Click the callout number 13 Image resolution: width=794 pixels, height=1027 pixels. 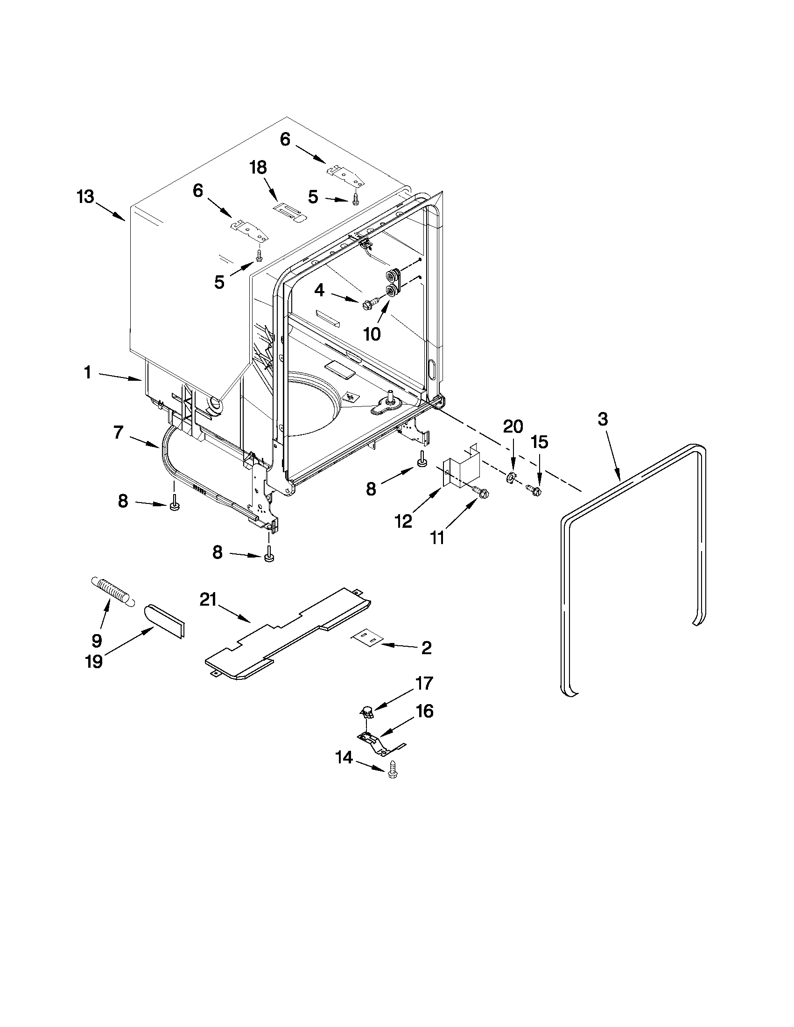point(85,196)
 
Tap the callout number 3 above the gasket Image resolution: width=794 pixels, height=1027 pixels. point(603,419)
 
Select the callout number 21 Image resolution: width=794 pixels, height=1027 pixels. point(208,600)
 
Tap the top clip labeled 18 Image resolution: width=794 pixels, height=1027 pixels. point(289,210)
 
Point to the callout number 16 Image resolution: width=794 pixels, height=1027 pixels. point(424,711)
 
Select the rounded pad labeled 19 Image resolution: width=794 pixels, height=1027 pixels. point(165,622)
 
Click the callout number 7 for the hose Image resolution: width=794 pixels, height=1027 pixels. point(119,432)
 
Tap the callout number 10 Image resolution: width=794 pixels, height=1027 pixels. point(372,334)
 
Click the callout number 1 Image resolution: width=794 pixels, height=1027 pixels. point(87,372)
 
